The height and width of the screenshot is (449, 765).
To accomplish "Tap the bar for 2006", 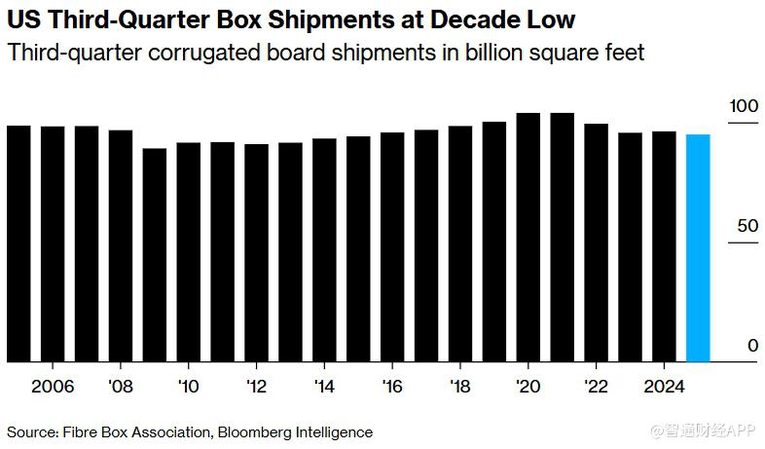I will tap(53, 243).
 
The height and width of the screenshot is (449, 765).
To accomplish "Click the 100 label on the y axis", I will tap(744, 106).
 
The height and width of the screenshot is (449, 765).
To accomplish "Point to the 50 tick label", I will tap(747, 226).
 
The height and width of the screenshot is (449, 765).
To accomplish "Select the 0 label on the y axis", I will tap(752, 346).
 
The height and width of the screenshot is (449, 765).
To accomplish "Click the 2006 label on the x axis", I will tap(53, 386).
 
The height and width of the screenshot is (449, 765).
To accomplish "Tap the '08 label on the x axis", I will tap(121, 386).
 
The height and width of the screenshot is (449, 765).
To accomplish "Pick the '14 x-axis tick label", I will tap(324, 386).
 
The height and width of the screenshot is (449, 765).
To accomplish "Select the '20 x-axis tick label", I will tap(528, 386).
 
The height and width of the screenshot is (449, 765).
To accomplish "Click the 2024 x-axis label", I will tap(664, 386).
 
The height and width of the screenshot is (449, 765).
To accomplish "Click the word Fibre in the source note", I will tap(82, 431).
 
